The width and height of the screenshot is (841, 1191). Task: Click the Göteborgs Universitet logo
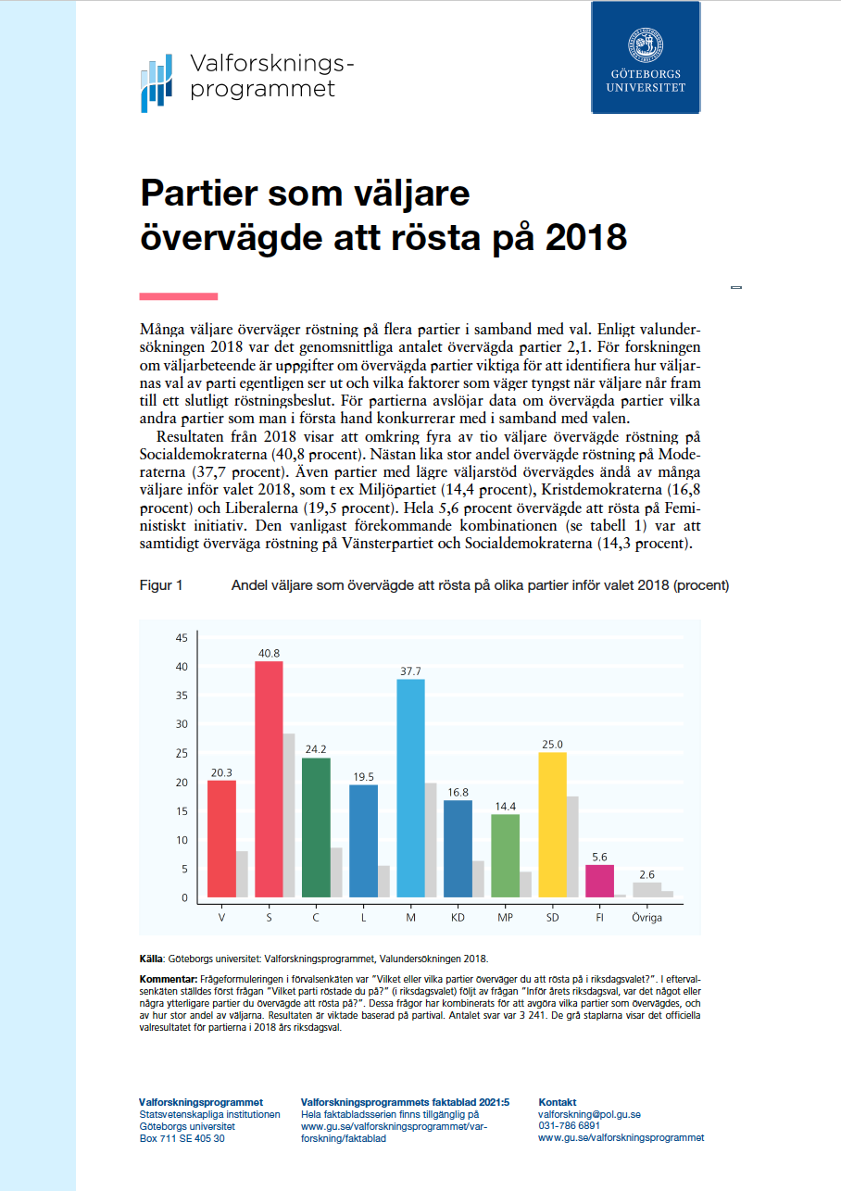(646, 57)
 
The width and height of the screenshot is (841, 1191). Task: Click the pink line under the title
(178, 296)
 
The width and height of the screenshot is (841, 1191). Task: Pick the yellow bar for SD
(553, 824)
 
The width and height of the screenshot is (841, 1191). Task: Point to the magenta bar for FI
(600, 880)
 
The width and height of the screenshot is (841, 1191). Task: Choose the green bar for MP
(505, 855)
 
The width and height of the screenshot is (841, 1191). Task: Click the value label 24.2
(316, 749)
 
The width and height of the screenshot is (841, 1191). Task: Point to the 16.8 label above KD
(458, 792)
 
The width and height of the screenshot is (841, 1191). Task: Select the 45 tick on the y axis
(182, 638)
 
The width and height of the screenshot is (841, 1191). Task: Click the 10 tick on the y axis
(182, 840)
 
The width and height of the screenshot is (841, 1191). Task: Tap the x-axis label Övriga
(646, 917)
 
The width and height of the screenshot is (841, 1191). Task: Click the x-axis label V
(221, 917)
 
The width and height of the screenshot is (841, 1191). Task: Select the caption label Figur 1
(161, 585)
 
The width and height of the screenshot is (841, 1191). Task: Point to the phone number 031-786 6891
(569, 1126)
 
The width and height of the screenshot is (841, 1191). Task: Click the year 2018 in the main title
(585, 238)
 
